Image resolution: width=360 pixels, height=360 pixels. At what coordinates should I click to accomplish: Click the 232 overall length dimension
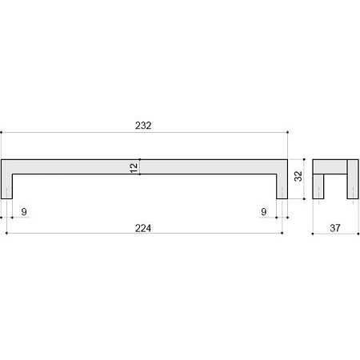143,126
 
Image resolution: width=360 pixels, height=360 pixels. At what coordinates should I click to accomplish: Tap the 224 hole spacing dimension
143,228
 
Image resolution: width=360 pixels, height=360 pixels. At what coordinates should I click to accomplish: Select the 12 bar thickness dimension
134,168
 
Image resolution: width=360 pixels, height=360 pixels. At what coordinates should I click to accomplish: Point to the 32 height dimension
298,176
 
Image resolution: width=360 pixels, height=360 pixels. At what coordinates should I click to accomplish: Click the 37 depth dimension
335,228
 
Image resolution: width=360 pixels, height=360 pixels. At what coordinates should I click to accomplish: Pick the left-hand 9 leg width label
24,212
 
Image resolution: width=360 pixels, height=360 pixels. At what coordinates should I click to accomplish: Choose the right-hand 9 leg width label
264,212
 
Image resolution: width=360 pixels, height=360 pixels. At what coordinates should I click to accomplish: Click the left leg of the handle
6,186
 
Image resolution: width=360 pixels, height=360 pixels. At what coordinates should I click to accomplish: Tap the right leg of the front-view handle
282,186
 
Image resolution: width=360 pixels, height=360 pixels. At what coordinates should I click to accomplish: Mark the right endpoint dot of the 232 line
287,132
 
